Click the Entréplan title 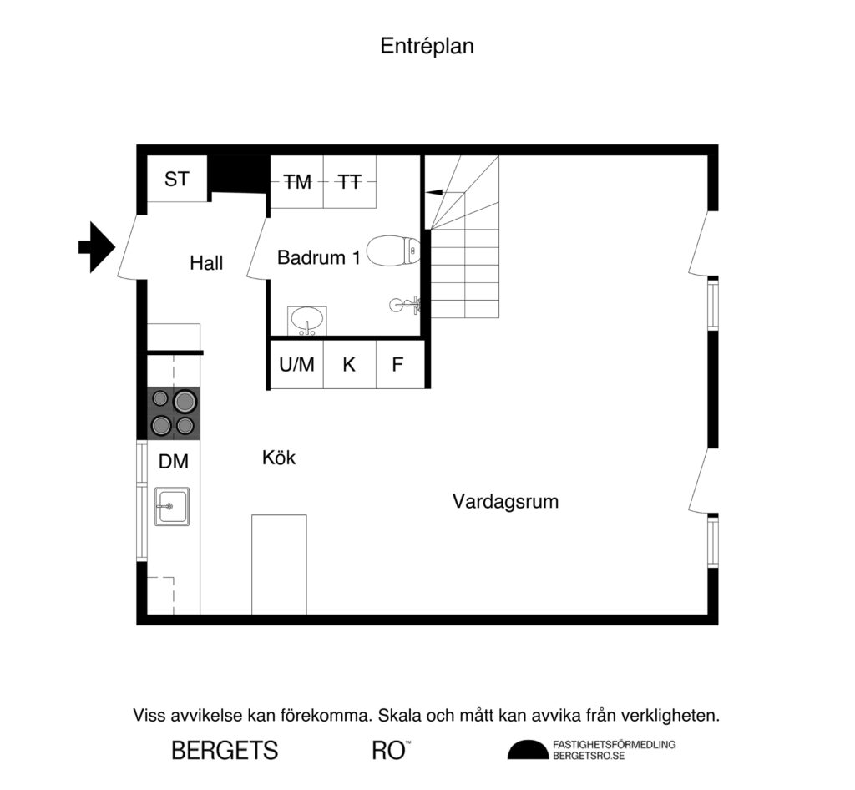pos(427,46)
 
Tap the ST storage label pos(176,179)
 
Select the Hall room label pos(206,263)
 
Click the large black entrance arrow pos(96,246)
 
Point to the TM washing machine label pos(296,181)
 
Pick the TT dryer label pos(349,181)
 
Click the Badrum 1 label pos(319,257)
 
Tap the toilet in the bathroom pos(393,251)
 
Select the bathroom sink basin pos(308,320)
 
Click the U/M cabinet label pos(296,364)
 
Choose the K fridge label pos(349,364)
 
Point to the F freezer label pos(397,364)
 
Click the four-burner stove pos(174,413)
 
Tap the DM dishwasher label pos(174,461)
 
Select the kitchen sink pos(172,506)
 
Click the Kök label pos(279,458)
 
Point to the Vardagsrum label pos(505,502)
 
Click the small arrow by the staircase pos(433,192)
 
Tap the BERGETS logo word pos(225,750)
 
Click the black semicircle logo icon pos(528,751)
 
